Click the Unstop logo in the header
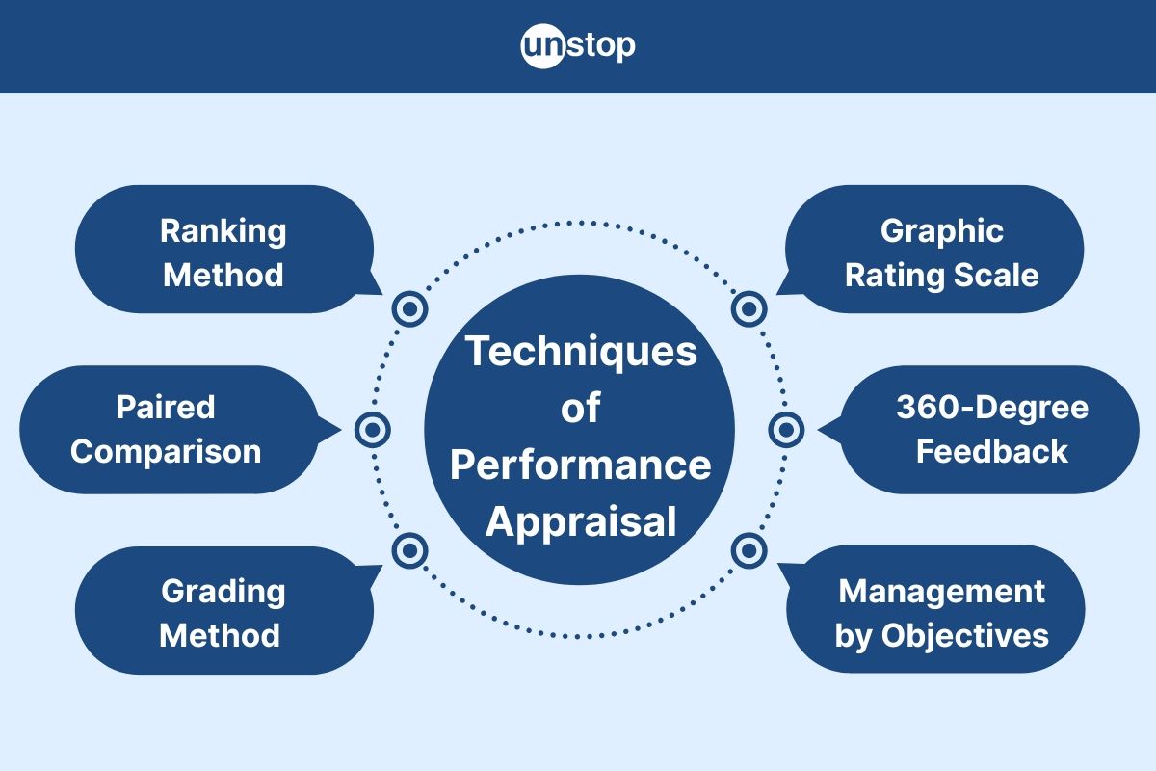578,46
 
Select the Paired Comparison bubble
166,430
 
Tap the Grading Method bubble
222,611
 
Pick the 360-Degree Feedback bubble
991,430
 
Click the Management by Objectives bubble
940,611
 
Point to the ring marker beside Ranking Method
410,309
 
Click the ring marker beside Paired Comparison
372,430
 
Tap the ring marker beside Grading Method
410,550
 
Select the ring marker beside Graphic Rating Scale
749,309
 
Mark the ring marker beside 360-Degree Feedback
786,430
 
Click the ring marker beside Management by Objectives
749,550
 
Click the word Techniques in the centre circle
581,351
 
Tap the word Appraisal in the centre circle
581,522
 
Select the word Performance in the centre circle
581,465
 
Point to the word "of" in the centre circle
581,409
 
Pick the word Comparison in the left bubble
166,452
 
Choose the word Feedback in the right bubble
991,452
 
